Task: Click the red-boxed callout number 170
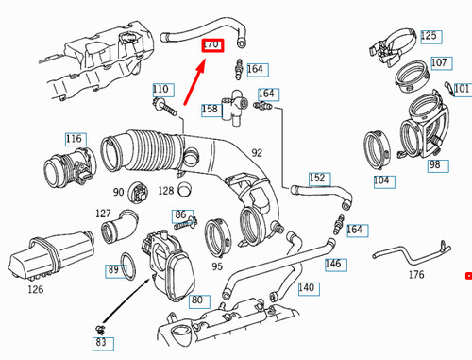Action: point(211,44)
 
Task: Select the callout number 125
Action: point(430,37)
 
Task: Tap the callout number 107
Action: point(439,62)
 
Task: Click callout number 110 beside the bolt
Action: point(160,89)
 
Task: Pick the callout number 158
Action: point(209,110)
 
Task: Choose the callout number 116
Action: point(75,139)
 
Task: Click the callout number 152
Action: point(317,178)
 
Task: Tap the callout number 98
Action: point(434,165)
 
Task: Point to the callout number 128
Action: point(166,191)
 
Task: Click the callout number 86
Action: point(180,215)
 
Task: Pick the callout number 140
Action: point(306,286)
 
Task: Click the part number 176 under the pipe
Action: point(415,275)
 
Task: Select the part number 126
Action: point(36,289)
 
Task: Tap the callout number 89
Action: point(113,270)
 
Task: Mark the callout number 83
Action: point(101,343)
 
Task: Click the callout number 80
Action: point(196,301)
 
